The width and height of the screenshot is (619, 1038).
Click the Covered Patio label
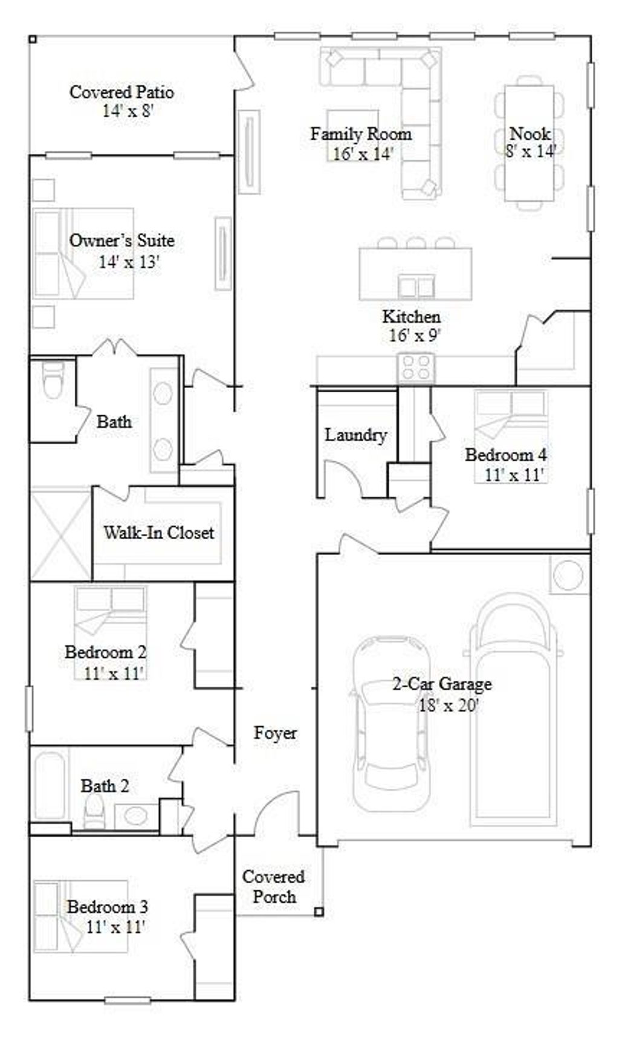[122, 92]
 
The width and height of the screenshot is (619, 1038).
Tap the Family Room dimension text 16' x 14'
[363, 154]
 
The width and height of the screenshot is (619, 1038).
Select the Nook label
[530, 133]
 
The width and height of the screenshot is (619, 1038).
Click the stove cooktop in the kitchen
[416, 367]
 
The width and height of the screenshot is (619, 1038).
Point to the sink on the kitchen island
[416, 287]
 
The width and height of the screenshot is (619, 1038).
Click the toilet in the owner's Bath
[52, 381]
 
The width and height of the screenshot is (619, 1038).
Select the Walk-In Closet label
[158, 533]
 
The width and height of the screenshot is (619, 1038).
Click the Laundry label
[355, 435]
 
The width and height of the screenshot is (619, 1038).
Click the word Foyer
[275, 733]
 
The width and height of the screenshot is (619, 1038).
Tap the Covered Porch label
[273, 886]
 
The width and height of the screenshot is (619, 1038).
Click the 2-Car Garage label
[442, 684]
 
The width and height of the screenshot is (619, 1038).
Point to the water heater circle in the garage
[569, 574]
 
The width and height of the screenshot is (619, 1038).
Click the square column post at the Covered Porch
[319, 912]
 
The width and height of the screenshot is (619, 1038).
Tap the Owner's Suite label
[122, 240]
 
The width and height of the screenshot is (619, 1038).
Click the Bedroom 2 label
[105, 652]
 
